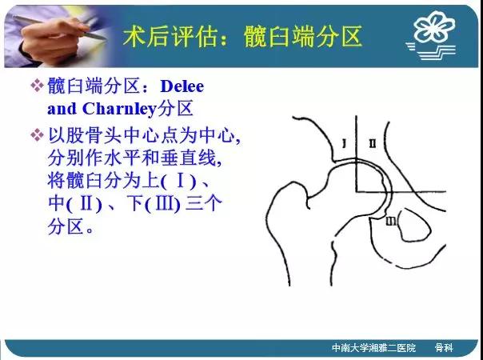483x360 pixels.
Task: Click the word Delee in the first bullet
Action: point(182,86)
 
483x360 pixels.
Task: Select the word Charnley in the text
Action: point(119,109)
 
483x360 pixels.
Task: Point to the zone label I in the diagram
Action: point(345,143)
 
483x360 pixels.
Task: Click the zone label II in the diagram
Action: point(373,143)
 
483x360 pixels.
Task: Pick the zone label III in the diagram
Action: point(391,221)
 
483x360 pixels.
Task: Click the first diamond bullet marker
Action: point(37,86)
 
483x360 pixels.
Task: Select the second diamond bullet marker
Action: point(37,135)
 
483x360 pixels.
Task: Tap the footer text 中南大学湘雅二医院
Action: point(373,348)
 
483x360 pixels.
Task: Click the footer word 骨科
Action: point(444,348)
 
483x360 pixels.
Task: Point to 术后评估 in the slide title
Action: point(170,36)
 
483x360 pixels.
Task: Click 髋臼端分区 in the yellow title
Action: point(303,36)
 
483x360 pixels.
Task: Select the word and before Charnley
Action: point(62,109)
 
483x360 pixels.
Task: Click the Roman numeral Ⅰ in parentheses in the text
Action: point(180,181)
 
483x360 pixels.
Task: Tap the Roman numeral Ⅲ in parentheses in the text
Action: point(163,204)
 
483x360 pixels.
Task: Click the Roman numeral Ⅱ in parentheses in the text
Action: point(86,204)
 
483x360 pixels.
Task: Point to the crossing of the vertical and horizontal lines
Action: point(357,191)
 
